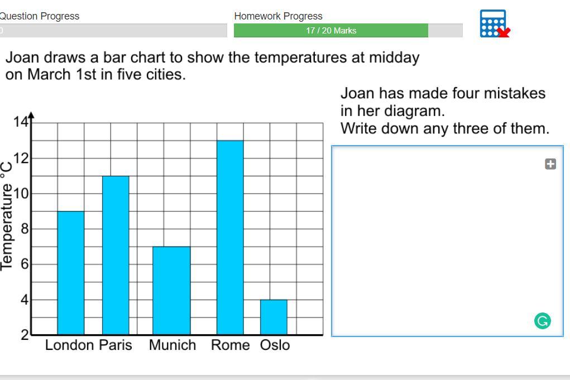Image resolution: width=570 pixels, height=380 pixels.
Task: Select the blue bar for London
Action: (71, 273)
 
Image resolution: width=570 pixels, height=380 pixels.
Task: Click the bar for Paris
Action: (116, 256)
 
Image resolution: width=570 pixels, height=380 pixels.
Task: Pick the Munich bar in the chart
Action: (171, 291)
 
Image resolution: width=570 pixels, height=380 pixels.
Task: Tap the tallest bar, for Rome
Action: (230, 238)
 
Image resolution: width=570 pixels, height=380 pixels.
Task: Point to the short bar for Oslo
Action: (274, 317)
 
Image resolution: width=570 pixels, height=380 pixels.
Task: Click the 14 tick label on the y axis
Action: (21, 121)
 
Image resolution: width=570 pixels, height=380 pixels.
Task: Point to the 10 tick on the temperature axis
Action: (21, 194)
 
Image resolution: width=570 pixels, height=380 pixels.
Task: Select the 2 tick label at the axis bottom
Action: (25, 335)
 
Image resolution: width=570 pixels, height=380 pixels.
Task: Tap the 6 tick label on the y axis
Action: (25, 264)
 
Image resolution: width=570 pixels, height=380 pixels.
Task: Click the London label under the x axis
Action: (69, 345)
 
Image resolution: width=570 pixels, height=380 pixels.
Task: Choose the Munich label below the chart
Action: (173, 345)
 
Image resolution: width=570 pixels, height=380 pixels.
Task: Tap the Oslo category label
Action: (275, 345)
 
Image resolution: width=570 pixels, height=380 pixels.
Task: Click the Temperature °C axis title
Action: (7, 215)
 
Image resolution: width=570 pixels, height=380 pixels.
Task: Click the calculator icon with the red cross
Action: (495, 23)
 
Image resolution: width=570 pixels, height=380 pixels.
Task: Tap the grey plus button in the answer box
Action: (550, 164)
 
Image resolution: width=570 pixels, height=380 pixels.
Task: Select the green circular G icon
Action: (543, 321)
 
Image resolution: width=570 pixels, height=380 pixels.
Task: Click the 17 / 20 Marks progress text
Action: (331, 31)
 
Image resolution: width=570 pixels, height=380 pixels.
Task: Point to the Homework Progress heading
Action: (278, 16)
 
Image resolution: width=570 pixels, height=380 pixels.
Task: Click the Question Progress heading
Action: (39, 16)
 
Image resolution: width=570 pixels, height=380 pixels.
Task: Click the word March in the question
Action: (49, 74)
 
